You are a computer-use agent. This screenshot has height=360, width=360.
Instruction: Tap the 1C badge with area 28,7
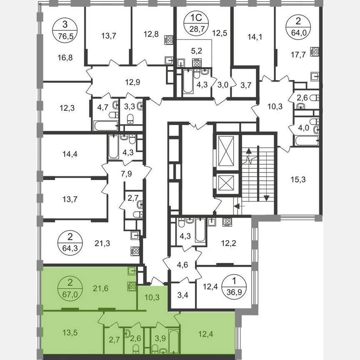click(193, 25)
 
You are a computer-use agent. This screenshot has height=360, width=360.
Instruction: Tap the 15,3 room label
click(298, 180)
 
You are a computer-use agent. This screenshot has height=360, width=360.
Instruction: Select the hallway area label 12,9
click(132, 82)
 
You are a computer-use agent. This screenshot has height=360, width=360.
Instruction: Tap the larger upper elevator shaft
click(226, 152)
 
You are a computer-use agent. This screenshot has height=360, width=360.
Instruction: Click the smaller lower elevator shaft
click(226, 183)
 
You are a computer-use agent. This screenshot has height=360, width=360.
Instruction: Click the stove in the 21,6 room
click(132, 286)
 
